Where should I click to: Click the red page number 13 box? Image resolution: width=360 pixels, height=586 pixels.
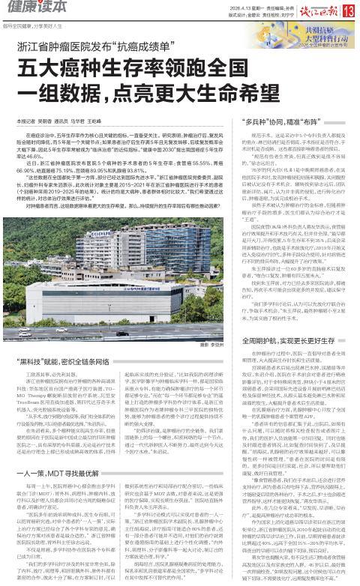pyautogui.click(x=349, y=10)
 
